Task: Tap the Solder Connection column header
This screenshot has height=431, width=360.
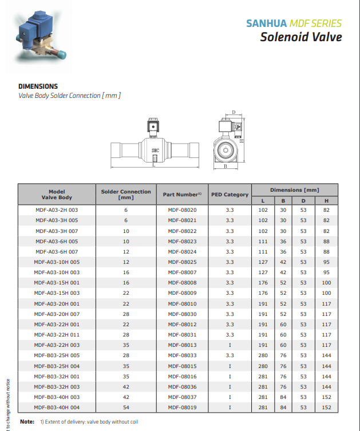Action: coord(126,194)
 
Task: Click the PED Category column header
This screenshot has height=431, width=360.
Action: coord(230,195)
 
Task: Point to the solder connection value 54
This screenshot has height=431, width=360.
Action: coord(126,407)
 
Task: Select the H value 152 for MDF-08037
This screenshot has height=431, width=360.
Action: coord(326,397)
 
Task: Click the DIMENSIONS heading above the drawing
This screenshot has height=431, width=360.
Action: coord(38,86)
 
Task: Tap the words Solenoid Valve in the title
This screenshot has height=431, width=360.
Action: coord(300,37)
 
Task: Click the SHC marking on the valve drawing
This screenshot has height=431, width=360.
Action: coord(155,151)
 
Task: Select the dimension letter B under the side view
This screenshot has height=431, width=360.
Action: coord(225,167)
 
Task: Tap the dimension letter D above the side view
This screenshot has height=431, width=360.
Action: coord(234,113)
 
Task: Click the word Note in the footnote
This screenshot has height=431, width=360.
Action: coord(27,421)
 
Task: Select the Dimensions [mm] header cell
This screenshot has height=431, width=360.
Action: coord(294,189)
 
